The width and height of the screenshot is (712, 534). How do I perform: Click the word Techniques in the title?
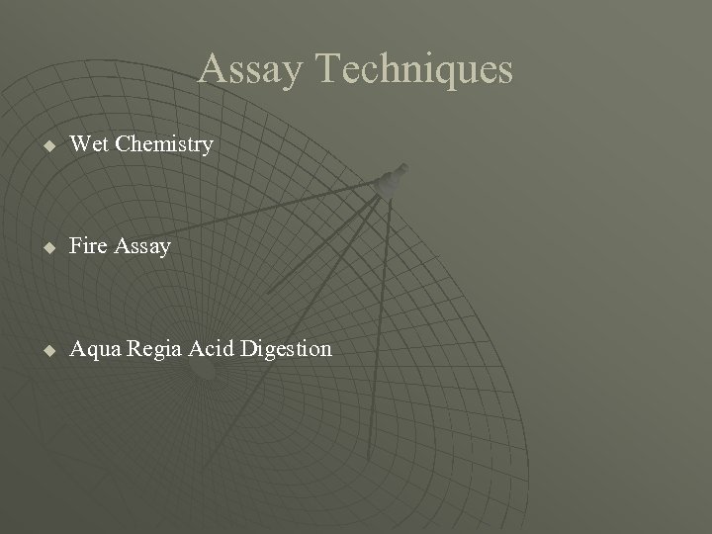412,69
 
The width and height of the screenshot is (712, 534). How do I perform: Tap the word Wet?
88,144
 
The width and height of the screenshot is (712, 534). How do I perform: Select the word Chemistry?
163,144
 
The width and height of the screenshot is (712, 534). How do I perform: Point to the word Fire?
88,245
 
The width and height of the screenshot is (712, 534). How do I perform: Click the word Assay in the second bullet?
142,245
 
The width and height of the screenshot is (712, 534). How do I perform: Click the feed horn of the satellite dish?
395,177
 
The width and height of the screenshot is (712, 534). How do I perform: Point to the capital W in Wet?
79,144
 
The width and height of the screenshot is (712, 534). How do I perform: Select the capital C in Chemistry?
123,144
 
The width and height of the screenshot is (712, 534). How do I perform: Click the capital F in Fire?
75,245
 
